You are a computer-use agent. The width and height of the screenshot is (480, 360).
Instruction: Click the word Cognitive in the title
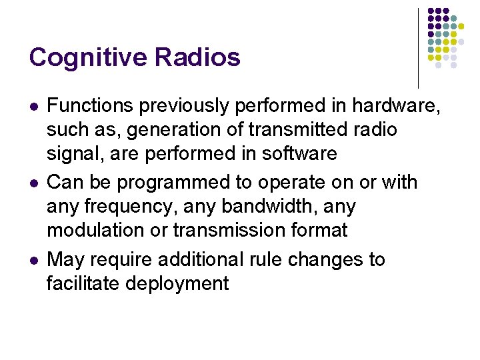coord(89,57)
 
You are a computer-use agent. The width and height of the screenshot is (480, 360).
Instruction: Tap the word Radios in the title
coord(197,57)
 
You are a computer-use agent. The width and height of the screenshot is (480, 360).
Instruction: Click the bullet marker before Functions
coord(33,106)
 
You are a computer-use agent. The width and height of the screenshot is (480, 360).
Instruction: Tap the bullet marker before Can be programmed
coord(33,183)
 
